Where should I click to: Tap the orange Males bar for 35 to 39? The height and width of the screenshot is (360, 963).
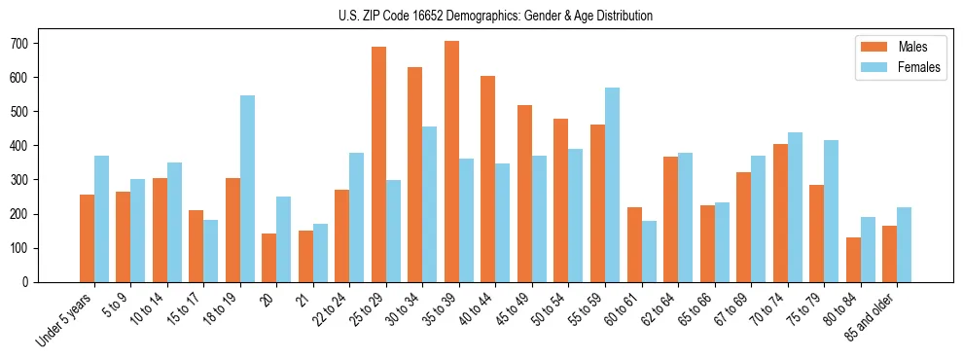pos(451,162)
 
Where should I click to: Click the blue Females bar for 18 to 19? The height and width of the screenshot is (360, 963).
pos(247,189)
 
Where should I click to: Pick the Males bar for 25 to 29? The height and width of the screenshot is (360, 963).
pos(378,164)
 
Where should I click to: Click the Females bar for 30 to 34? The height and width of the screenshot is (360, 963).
pos(429,204)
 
